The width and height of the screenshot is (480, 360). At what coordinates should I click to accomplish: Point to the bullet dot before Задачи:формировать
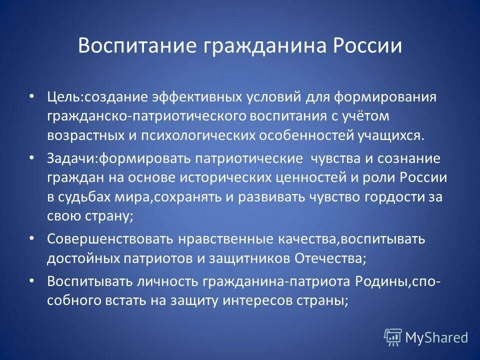click(31, 158)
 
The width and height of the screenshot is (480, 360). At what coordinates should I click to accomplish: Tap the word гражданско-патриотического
click(134, 116)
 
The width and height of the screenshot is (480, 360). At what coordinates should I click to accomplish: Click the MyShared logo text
click(436, 337)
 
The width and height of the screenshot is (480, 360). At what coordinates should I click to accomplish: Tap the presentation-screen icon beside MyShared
click(392, 337)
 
